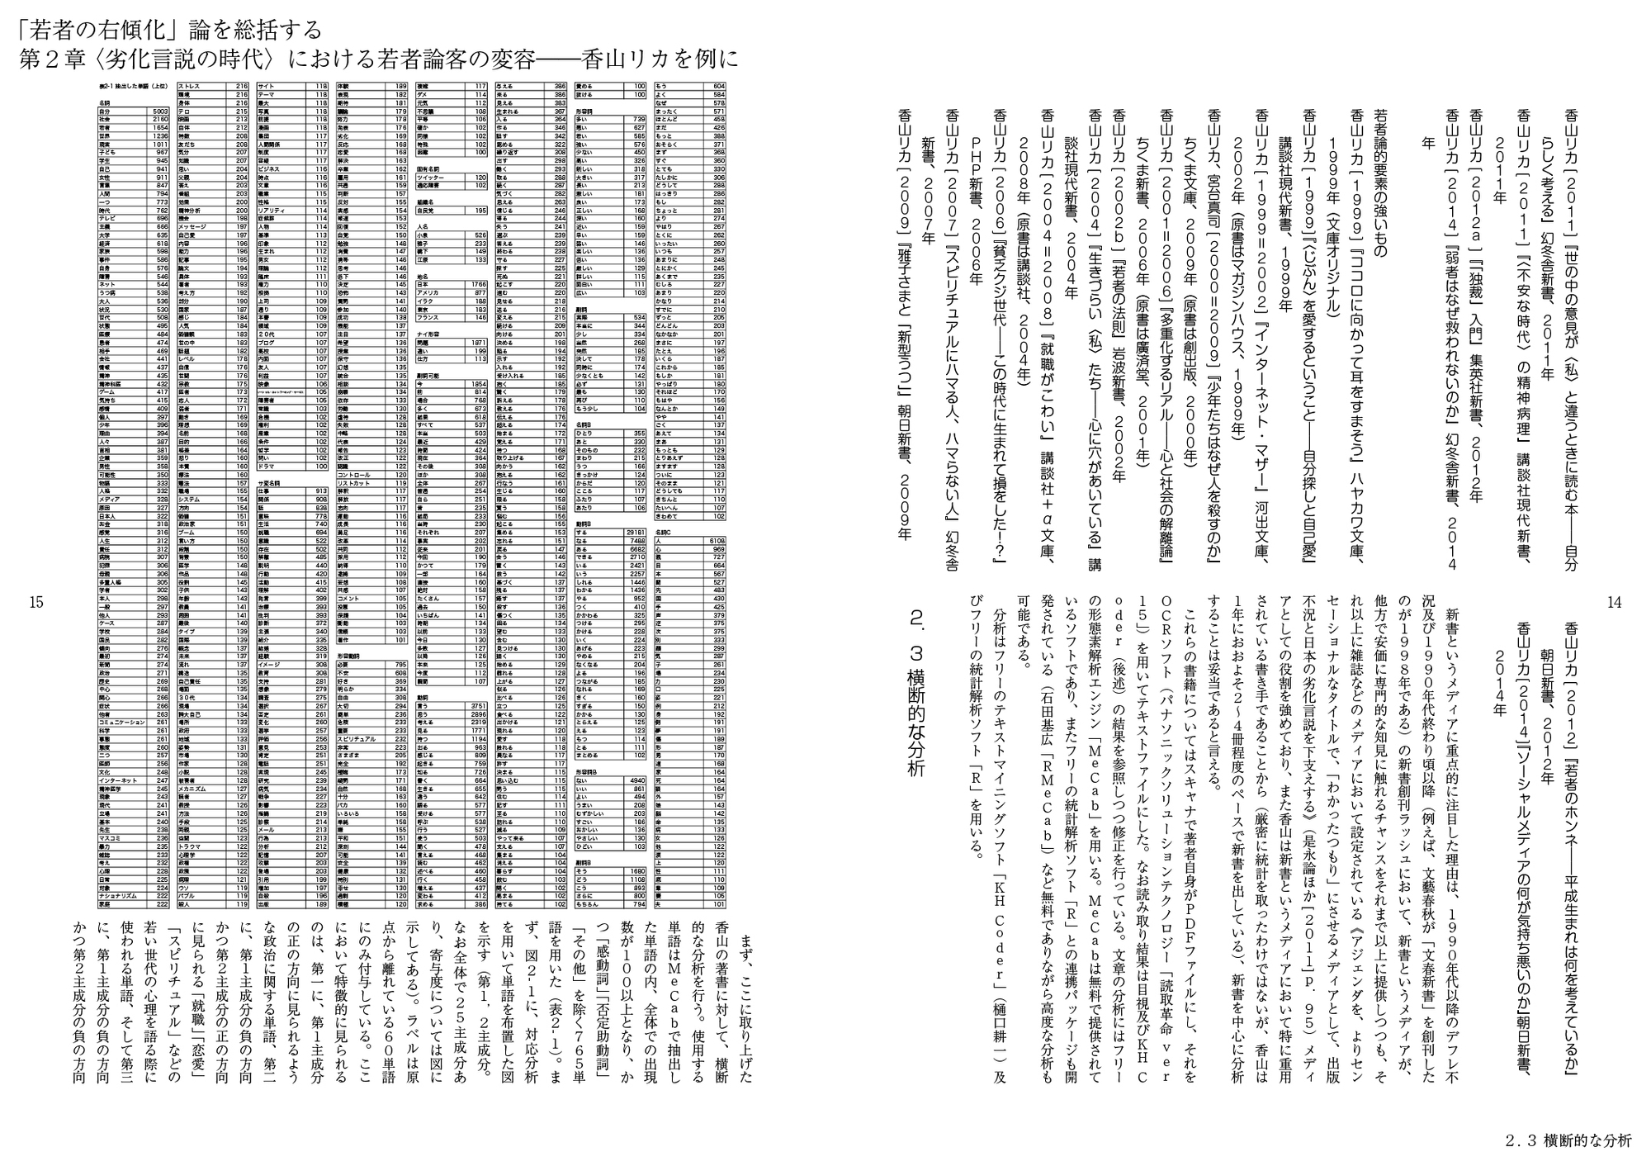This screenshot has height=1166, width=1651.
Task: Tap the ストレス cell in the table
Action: click(x=190, y=86)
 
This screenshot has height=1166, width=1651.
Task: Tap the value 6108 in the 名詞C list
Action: click(x=717, y=540)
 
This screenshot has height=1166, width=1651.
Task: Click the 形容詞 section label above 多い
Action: click(x=586, y=111)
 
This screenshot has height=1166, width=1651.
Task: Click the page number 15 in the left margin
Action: click(x=35, y=603)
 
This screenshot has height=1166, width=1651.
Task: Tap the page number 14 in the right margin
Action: click(x=1614, y=603)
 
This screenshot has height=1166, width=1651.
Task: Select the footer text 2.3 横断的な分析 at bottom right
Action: click(x=1568, y=1142)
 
